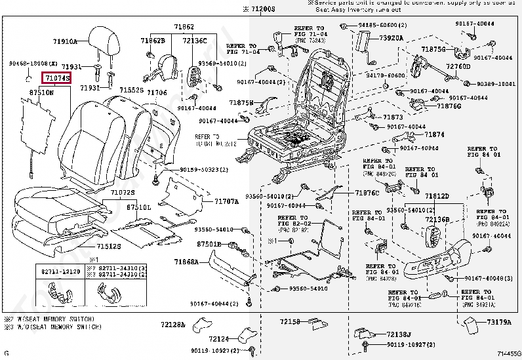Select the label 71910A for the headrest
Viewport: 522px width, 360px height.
tap(65, 41)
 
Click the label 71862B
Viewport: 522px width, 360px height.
tap(152, 40)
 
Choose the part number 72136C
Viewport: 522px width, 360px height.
tap(194, 40)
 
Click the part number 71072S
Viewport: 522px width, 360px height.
tap(122, 192)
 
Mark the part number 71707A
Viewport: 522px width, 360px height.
tap(227, 201)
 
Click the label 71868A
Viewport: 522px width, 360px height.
tap(186, 262)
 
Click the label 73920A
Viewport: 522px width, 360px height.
tap(391, 38)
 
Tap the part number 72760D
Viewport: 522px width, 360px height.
tap(458, 66)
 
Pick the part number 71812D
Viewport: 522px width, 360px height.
tap(436, 196)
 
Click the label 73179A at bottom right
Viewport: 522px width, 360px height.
tap(498, 322)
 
